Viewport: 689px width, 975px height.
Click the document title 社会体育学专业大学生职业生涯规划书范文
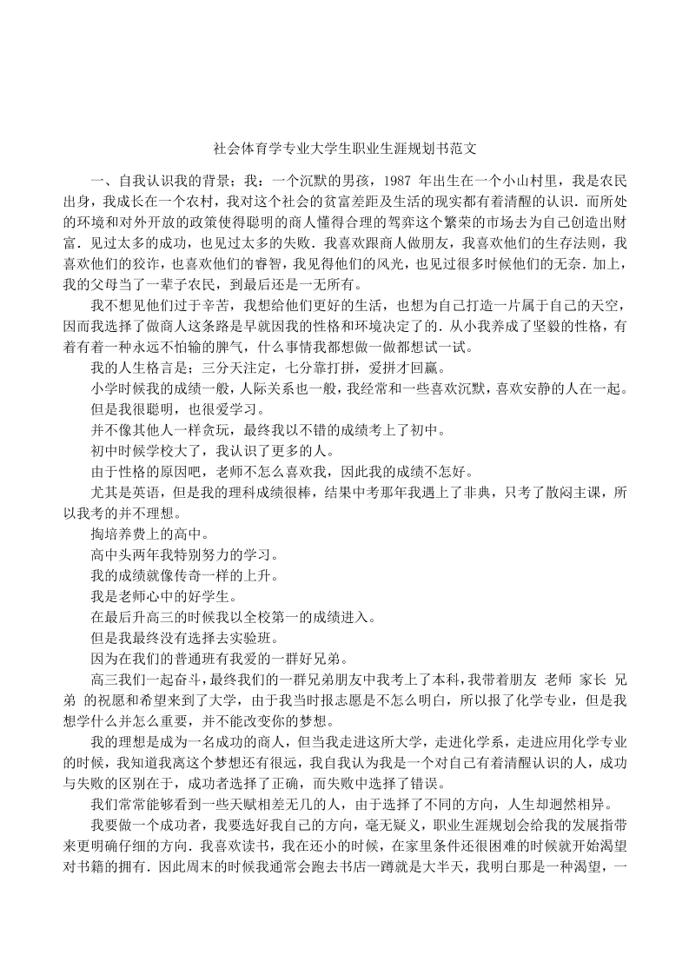pyautogui.click(x=344, y=148)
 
